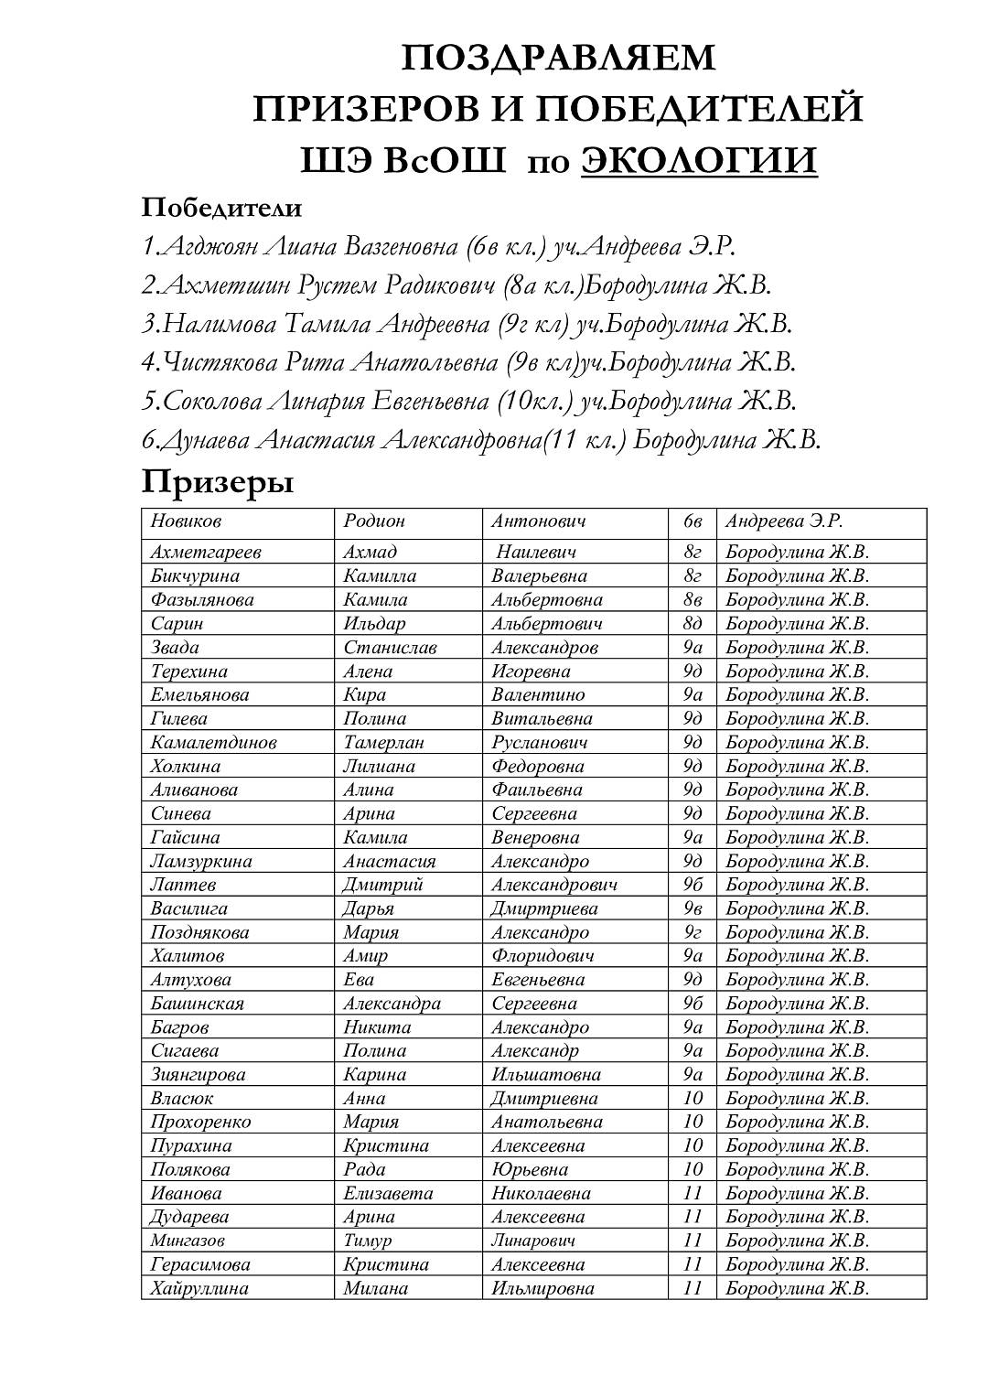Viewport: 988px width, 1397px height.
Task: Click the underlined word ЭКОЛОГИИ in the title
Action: pyautogui.click(x=699, y=161)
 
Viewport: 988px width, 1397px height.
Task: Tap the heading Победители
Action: pyautogui.click(x=221, y=208)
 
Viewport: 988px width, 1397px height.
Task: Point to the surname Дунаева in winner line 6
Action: pyautogui.click(x=205, y=440)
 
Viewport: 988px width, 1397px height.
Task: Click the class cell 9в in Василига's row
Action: pyautogui.click(x=693, y=908)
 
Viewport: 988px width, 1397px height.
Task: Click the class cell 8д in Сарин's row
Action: pyautogui.click(x=693, y=624)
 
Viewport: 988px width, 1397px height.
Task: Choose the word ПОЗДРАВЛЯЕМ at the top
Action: pyautogui.click(x=558, y=58)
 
